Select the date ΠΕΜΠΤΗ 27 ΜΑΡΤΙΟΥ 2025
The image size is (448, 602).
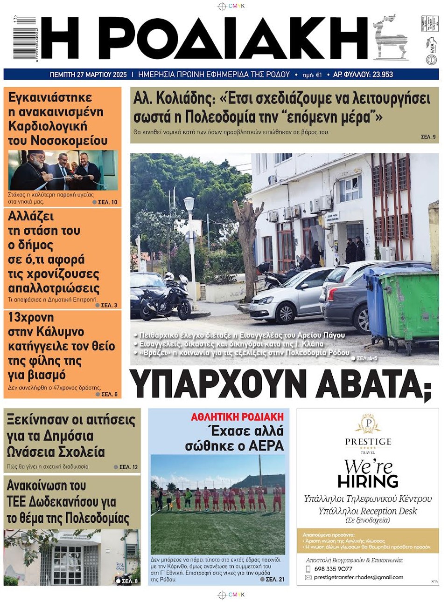pyautogui.click(x=88, y=75)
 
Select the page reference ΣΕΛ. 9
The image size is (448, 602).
pyautogui.click(x=428, y=137)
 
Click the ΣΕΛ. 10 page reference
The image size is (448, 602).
pyautogui.click(x=107, y=202)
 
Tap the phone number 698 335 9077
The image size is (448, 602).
pyautogui.click(x=333, y=569)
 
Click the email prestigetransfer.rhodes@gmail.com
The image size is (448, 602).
pyautogui.click(x=358, y=577)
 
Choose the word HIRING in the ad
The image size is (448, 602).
pyautogui.click(x=368, y=481)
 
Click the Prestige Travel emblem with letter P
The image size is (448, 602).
pyautogui.click(x=368, y=424)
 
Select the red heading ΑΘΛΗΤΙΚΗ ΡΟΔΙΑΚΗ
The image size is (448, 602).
pyautogui.click(x=237, y=417)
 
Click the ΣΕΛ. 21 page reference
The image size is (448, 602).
pyautogui.click(x=274, y=579)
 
